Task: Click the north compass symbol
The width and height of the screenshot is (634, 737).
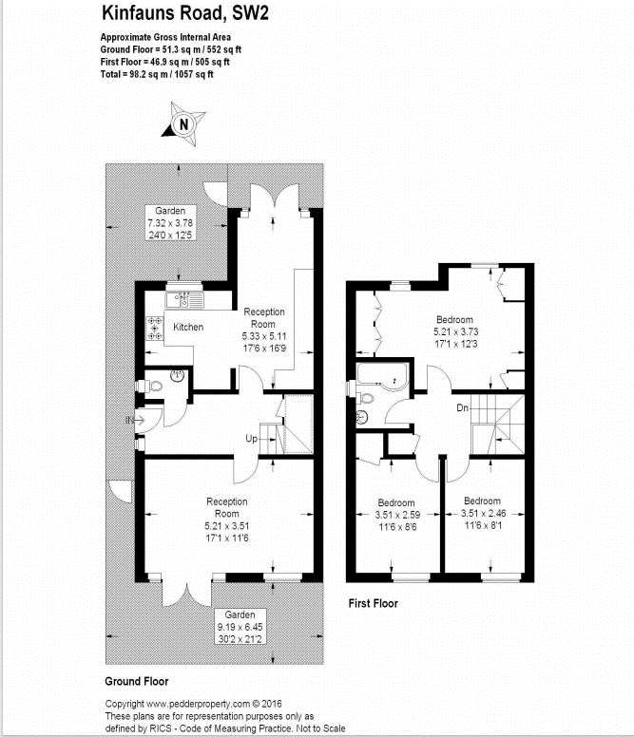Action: [184, 123]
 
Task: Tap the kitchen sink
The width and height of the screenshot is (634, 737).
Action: [183, 300]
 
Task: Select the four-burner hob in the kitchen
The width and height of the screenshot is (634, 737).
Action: [153, 328]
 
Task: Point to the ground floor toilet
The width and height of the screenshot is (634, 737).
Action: [144, 387]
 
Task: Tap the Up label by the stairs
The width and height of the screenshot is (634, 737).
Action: [251, 440]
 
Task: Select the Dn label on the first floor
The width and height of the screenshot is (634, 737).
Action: [463, 408]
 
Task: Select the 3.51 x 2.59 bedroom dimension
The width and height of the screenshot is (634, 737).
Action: [395, 515]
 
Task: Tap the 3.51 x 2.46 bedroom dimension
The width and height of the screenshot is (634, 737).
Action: [482, 513]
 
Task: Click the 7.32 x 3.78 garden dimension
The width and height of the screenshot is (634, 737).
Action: [171, 222]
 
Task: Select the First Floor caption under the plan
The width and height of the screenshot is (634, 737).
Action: [373, 603]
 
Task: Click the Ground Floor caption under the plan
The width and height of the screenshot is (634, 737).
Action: [136, 682]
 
